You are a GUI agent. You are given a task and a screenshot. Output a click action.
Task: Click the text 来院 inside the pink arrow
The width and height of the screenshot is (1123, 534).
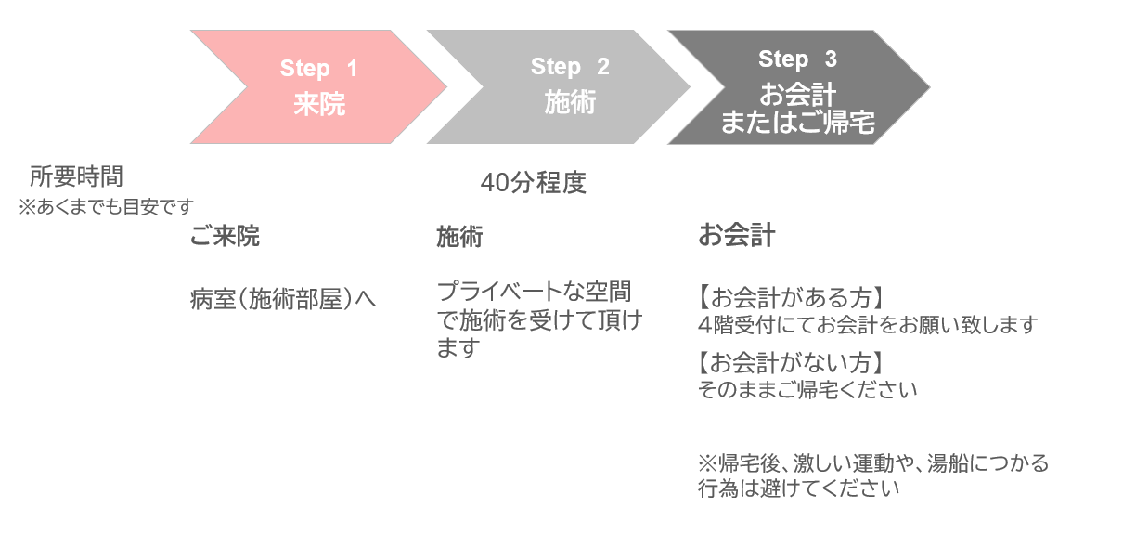(319, 105)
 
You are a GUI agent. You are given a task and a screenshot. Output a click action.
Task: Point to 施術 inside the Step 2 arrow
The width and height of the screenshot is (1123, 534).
(570, 102)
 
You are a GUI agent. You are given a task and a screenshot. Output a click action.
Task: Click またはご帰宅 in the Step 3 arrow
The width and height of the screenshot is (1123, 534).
(797, 123)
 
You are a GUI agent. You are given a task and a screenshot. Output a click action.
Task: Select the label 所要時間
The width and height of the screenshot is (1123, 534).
(76, 176)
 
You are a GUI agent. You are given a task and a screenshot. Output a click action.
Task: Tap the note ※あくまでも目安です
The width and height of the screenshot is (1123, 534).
(106, 206)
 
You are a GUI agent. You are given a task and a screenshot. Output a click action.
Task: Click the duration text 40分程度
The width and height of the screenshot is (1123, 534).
(534, 183)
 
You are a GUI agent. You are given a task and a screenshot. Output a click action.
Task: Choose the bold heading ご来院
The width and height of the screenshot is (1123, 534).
(225, 237)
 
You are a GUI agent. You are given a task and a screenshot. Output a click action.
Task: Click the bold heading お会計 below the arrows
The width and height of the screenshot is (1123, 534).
(736, 236)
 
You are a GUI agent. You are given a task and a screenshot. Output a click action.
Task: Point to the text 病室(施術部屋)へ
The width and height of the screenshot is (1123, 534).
(283, 299)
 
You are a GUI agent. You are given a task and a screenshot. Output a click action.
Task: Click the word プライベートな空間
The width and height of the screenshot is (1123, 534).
(534, 292)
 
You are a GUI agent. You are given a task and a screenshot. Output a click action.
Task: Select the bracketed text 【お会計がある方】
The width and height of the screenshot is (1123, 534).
(789, 298)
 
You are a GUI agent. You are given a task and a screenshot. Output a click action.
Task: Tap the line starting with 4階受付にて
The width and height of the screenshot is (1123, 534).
(868, 325)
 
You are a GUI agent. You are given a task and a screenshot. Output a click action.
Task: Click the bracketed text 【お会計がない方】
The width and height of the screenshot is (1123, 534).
(789, 363)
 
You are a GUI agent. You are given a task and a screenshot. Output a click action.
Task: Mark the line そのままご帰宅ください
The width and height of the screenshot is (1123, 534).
(807, 389)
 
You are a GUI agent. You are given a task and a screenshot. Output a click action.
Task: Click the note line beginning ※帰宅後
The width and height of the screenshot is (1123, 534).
(873, 462)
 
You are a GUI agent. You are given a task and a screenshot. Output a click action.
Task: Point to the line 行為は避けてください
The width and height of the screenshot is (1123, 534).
(798, 488)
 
